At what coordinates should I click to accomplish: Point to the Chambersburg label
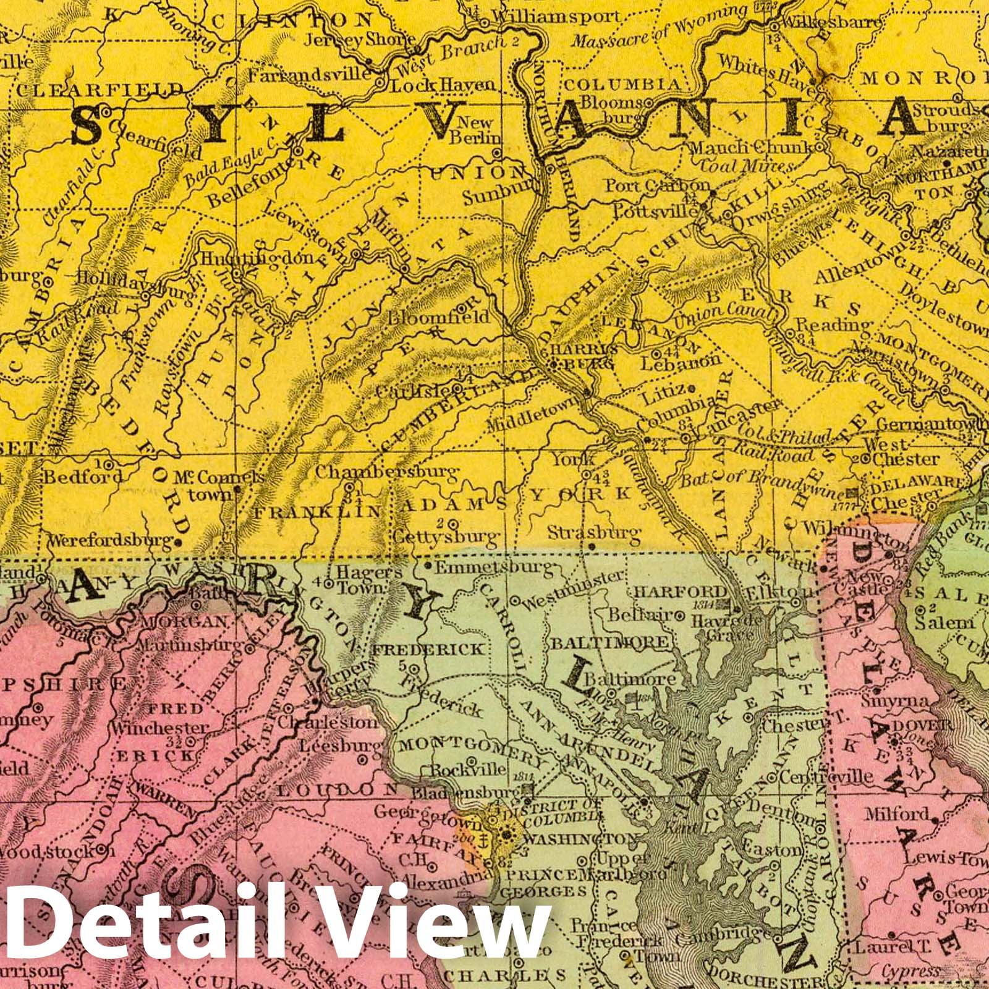point(387,472)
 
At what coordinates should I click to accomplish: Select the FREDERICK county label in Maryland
point(444,650)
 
